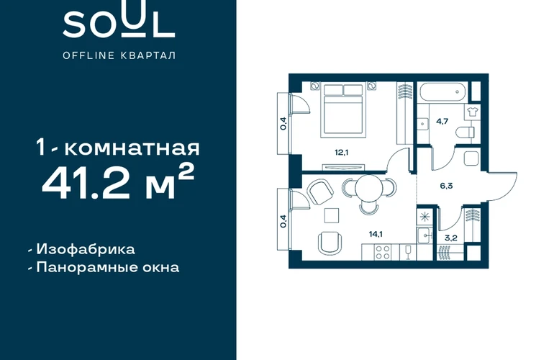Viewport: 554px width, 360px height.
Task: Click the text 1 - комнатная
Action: [x=118, y=148]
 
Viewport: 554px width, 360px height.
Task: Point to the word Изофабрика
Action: [x=86, y=249]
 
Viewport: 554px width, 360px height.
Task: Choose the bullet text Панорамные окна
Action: [x=108, y=267]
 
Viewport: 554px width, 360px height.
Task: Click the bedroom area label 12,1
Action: [x=342, y=153]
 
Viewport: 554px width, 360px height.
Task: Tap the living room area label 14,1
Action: [x=376, y=234]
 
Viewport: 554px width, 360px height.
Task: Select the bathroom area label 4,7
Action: [x=442, y=121]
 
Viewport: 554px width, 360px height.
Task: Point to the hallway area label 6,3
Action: [x=446, y=186]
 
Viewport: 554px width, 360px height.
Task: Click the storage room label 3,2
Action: [x=451, y=238]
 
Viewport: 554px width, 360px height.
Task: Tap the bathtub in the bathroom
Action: [x=444, y=92]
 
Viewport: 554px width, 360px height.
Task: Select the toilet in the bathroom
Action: [x=465, y=133]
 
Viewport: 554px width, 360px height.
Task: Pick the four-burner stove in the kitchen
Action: [x=383, y=253]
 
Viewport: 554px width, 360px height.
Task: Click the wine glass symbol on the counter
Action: [x=408, y=252]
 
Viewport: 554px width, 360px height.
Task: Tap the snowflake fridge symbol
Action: [x=424, y=217]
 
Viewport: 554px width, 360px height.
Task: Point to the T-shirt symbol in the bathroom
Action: [x=472, y=112]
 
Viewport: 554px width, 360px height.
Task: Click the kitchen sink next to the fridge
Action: [x=424, y=235]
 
